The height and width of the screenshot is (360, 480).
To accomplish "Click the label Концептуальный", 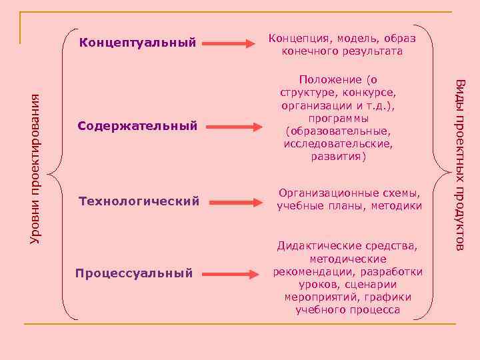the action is (137, 44).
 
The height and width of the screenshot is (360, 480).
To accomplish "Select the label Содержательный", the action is (137, 125).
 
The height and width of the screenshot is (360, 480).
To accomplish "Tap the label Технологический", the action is (139, 201).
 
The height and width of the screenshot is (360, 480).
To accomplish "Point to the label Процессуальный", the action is (134, 273).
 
